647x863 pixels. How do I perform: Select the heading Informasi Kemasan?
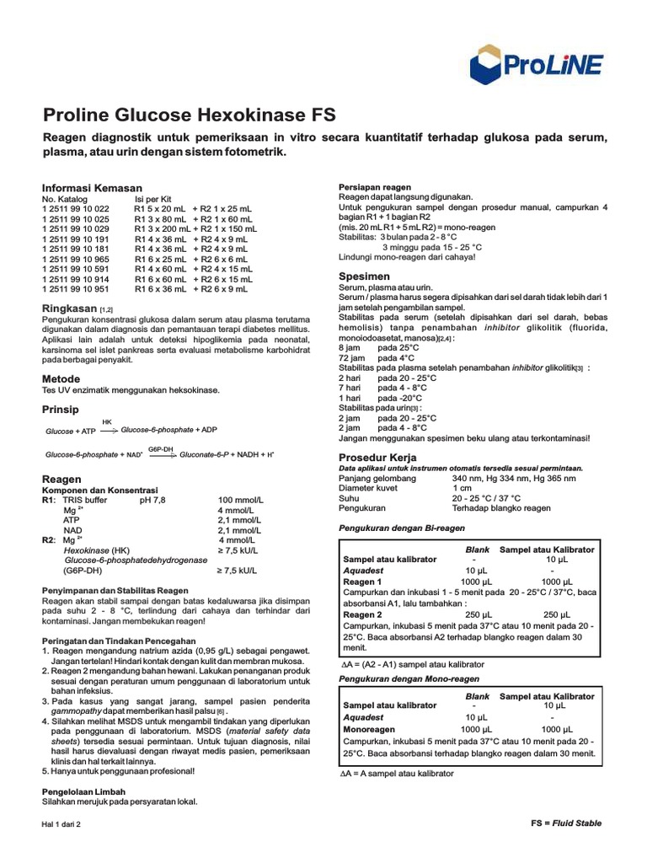pos(92,187)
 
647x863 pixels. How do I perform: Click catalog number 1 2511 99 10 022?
pos(76,208)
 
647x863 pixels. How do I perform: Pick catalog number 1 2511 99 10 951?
pos(76,289)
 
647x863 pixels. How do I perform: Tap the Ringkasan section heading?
pos(70,309)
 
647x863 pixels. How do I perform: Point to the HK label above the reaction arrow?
pos(107,421)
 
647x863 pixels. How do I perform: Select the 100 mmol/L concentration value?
pos(240,500)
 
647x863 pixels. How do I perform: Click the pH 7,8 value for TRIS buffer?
pos(152,500)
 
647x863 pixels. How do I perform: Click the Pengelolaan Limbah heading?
pos(84,791)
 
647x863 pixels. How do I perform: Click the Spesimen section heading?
pos(364,276)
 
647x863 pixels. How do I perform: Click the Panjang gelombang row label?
pos(377,478)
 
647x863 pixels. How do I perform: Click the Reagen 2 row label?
pos(363,614)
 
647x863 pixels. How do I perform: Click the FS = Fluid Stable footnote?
pos(566,823)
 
